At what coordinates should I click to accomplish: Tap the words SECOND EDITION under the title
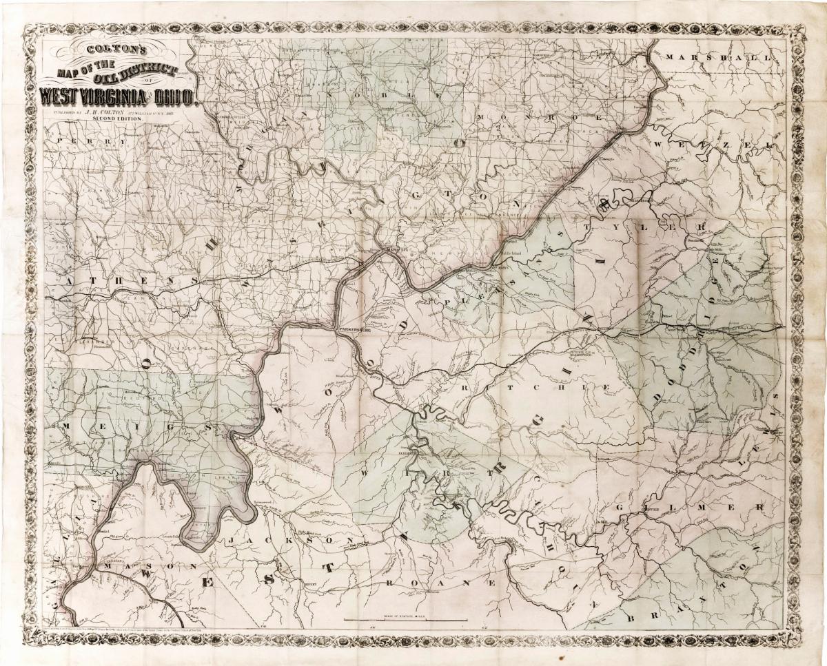tap(116, 119)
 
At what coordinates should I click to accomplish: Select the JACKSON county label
tap(289, 541)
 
